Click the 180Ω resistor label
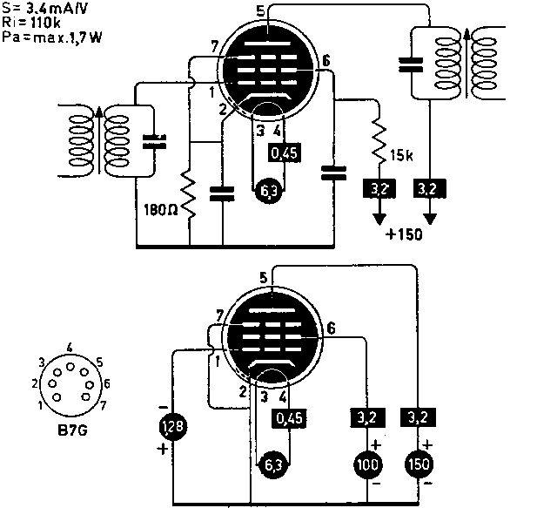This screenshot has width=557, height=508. pos(161,209)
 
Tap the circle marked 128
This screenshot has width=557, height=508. pos(172,428)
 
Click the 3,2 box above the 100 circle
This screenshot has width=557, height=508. pos(367,417)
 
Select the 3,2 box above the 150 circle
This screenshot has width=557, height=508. pos(417,417)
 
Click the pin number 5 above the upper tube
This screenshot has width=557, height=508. pos(260,10)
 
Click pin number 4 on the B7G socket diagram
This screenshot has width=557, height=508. pos(69,347)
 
